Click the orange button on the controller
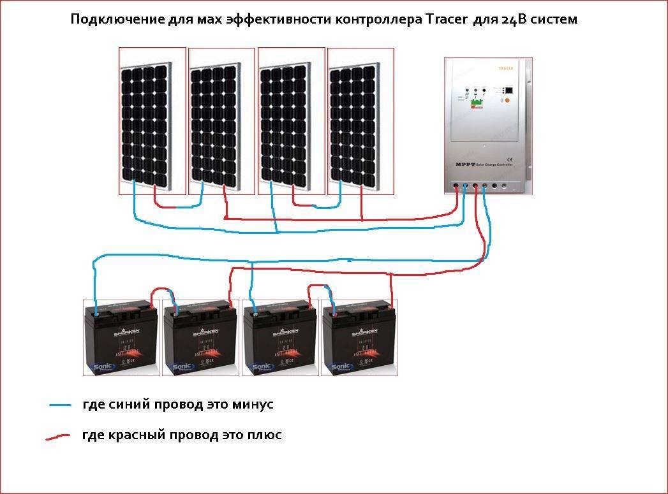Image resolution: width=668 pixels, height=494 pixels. pos(507,101)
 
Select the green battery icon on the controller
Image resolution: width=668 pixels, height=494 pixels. pos(475,102)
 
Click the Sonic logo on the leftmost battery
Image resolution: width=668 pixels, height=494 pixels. pos(101,367)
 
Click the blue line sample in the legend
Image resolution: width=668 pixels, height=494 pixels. pos(60,405)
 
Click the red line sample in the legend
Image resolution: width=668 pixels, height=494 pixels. pos(58,437)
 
